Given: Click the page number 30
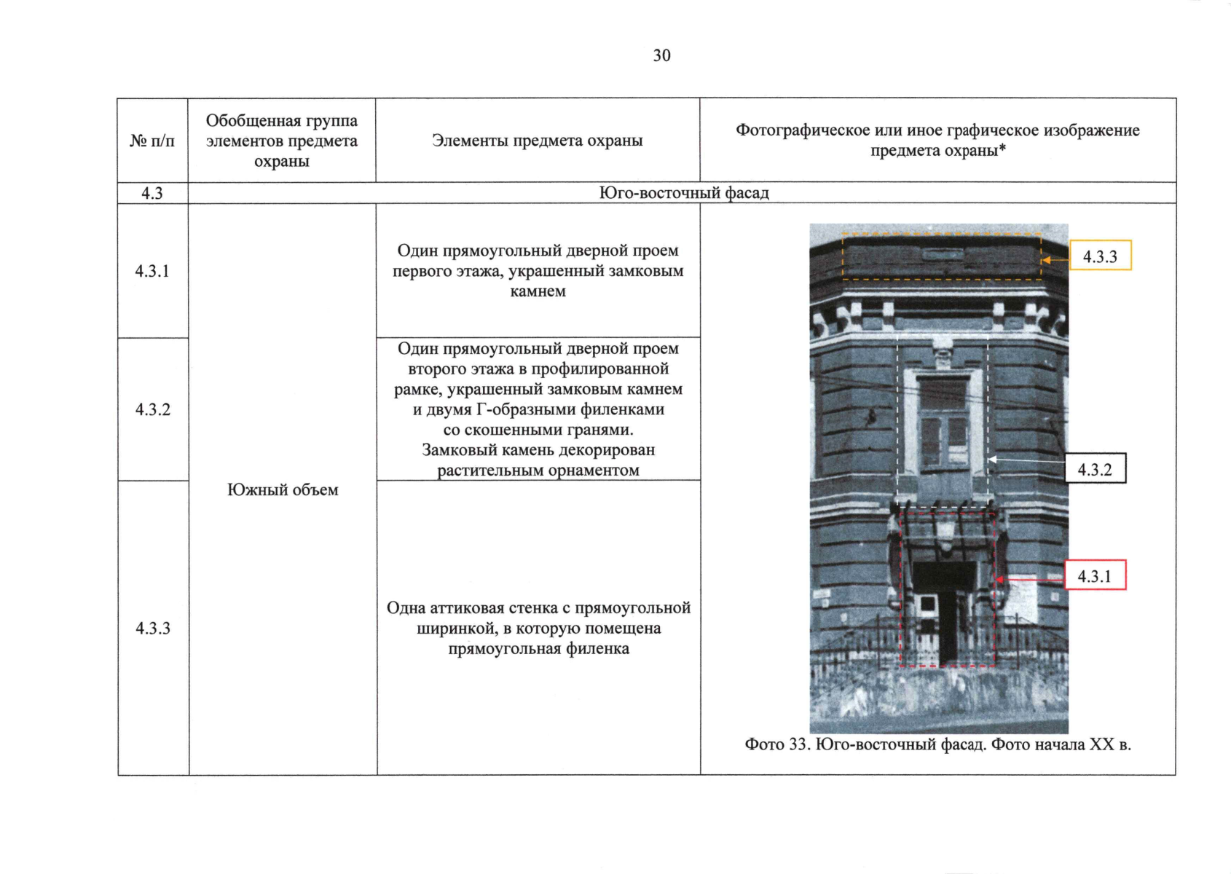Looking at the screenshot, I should coord(661,55).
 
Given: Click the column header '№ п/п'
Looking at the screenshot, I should coord(152,141).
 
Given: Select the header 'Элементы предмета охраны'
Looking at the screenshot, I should coord(537,141).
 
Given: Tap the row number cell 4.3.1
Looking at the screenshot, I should coord(152,271).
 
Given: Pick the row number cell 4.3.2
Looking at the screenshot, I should coord(152,409).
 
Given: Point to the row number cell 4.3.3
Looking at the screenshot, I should coord(152,628).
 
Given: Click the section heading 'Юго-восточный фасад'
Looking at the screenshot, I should coord(683,193).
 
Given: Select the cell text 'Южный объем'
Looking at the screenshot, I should coord(283,489).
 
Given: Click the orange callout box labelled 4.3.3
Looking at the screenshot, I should coord(1099,256).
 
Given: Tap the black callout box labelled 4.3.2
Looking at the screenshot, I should coord(1095,470).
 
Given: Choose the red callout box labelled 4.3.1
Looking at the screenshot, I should coord(1095,576).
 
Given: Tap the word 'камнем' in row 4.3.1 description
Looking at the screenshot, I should coord(538,291).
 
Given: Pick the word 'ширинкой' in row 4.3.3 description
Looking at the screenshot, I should coord(457,628).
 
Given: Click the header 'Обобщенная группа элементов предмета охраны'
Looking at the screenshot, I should coord(282,141).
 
